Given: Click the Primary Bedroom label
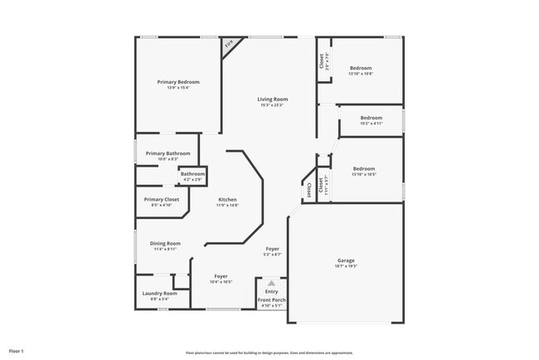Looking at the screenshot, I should pos(178,82).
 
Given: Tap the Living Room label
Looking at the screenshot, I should pos(272,100).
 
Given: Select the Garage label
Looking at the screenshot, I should pos(346,260).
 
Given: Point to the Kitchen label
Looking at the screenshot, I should pos(227,200).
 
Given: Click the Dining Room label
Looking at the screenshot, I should pos(165,243).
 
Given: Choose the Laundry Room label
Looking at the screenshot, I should pos(159,293).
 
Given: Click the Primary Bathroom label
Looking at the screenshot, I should pos(168,153).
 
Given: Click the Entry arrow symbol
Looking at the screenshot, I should pos(271,283).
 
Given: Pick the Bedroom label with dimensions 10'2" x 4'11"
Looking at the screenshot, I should pos(371,118).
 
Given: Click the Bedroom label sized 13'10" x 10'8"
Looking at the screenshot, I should pos(361,68).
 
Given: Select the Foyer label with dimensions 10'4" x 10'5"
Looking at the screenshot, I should pos(221,276).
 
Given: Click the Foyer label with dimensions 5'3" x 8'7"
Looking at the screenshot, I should pos(273,249).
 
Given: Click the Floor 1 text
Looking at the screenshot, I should pos(17,352).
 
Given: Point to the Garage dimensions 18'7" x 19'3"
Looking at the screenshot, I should pos(346,266).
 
